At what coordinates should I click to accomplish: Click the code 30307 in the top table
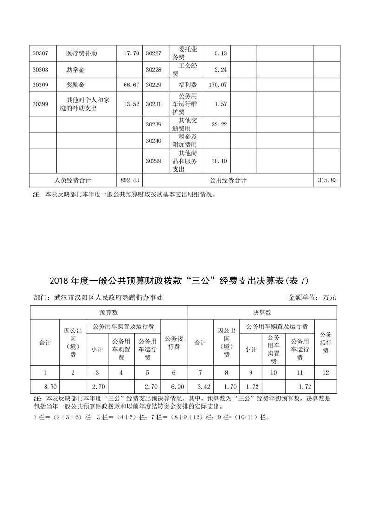pos(40,53)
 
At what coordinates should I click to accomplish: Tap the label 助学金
pos(76,70)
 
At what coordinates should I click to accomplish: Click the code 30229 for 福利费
pos(153,86)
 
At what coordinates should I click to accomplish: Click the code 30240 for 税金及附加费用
pos(153,141)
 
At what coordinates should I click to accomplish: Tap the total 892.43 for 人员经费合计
pos(130,180)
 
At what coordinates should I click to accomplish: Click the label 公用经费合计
pos(228,180)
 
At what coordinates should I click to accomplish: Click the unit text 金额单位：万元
pos(312,297)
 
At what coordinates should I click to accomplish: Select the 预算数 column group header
pos(108,312)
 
